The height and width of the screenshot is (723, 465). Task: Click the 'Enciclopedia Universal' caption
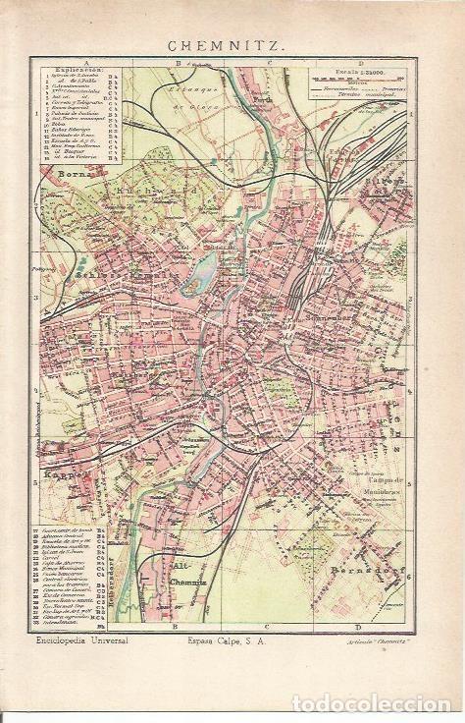click(84, 641)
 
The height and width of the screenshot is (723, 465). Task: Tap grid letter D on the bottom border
click(357, 627)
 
